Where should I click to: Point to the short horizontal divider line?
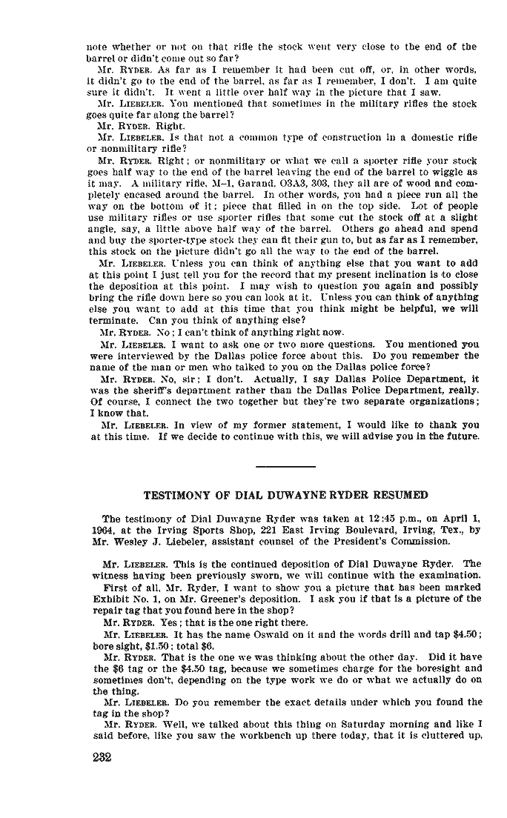[x=285, y=466]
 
